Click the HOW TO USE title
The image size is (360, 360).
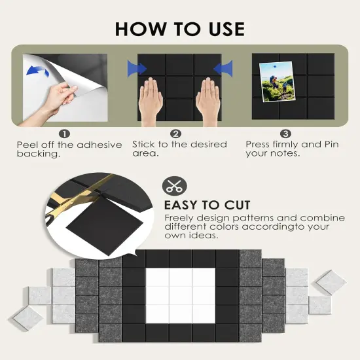[x=180, y=29]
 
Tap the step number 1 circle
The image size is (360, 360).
[x=64, y=134]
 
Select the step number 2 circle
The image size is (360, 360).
[x=176, y=134]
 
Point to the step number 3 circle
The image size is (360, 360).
[x=285, y=134]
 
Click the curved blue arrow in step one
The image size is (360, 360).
[x=38, y=71]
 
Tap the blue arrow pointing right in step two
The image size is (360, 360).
[x=137, y=69]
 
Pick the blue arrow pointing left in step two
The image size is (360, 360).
[x=223, y=69]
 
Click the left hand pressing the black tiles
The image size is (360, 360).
[x=151, y=101]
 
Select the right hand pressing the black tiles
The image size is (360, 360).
[x=208, y=101]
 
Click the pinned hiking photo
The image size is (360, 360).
[x=277, y=82]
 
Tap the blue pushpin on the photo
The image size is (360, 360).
[x=275, y=67]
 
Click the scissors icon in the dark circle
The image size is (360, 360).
[x=175, y=186]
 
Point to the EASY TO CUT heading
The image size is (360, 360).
[x=207, y=205]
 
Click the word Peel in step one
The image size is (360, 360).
[x=25, y=145]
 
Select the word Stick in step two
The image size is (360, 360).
[x=143, y=144]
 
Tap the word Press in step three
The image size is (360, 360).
[x=258, y=144]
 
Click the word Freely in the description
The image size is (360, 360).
[x=179, y=218]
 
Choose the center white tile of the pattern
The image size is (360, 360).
[x=181, y=296]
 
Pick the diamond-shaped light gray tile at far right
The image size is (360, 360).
[x=331, y=283]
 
